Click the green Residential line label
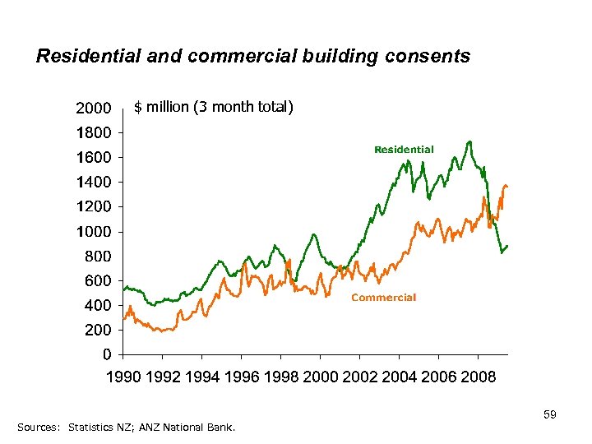tap(404, 149)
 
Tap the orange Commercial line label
tap(383, 298)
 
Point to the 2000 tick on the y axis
tap(93, 109)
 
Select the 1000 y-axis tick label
tap(93, 232)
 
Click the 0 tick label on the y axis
tap(108, 355)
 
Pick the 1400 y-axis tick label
tap(93, 182)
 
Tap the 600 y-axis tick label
tap(98, 281)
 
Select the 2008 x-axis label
tap(479, 377)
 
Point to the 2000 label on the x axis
tap(321, 377)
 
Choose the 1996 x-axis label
tap(240, 377)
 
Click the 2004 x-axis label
tap(400, 377)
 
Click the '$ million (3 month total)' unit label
tap(213, 107)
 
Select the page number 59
tap(550, 415)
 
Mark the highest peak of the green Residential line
tap(469, 141)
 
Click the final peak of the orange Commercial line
tap(505, 185)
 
